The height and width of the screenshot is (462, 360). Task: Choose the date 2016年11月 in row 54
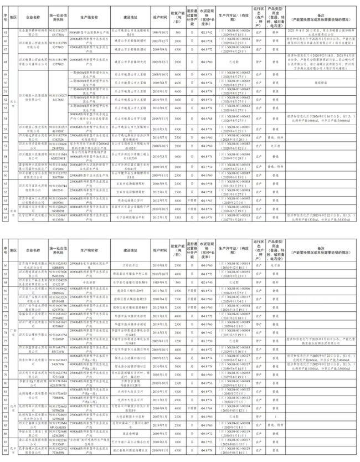click(160, 118)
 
